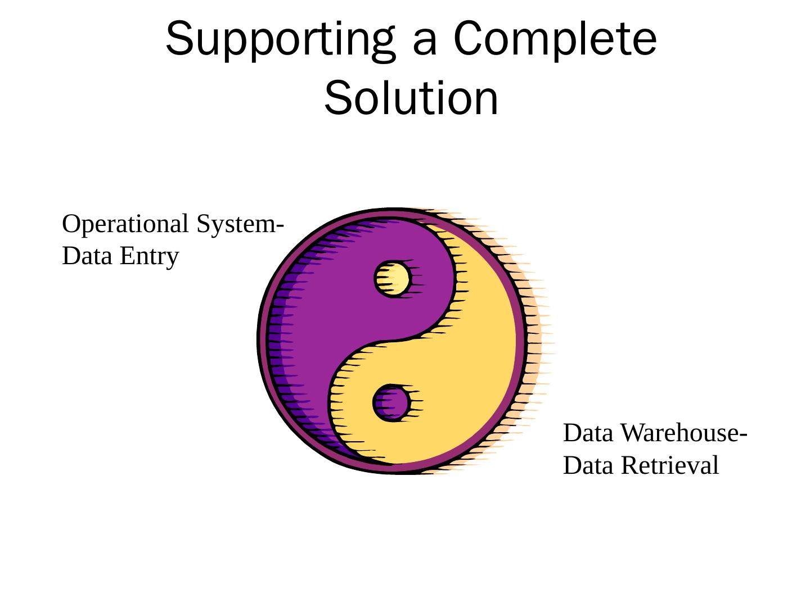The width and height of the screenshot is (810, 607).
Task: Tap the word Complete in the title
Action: (556, 39)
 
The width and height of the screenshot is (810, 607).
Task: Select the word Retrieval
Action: (670, 466)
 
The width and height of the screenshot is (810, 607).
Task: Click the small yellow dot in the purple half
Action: (393, 279)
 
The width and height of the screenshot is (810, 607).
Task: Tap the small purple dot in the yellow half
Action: (392, 402)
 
